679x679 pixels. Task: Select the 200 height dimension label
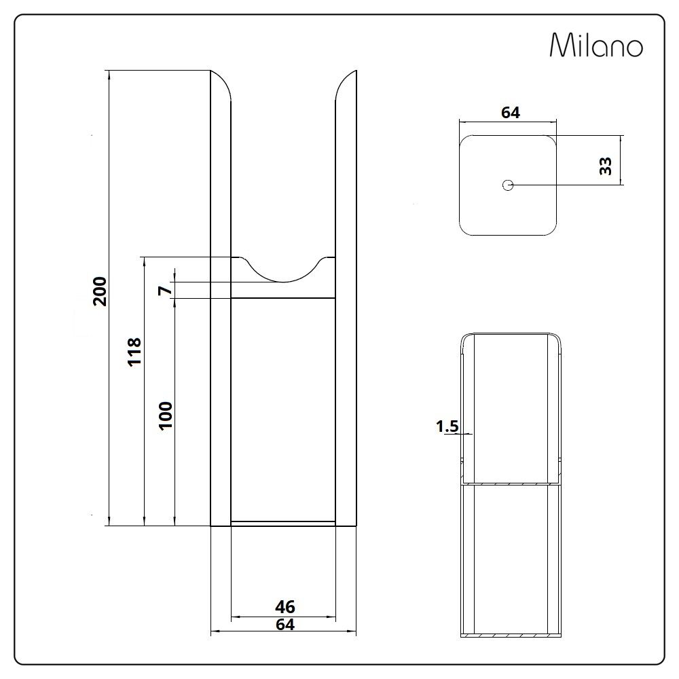(100, 291)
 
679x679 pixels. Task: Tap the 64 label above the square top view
(510, 113)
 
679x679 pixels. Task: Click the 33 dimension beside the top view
(606, 166)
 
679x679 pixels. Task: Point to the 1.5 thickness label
(447, 426)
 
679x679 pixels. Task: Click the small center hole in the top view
(507, 185)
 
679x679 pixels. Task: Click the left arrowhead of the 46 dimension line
(235, 617)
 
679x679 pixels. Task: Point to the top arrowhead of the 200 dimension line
(109, 74)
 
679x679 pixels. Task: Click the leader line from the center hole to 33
(564, 185)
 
